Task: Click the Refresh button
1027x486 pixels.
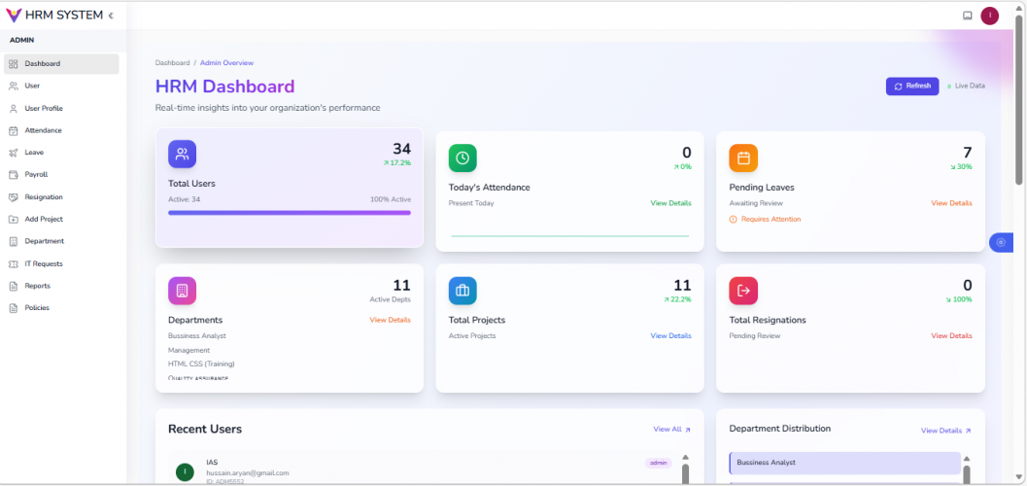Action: (x=912, y=86)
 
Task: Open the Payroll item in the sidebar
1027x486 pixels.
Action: (x=36, y=175)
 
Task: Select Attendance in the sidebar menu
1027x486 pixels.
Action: (x=43, y=130)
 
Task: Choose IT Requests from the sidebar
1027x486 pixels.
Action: (x=44, y=263)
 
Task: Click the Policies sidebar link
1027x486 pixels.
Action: (x=37, y=308)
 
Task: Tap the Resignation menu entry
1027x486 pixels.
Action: (x=44, y=197)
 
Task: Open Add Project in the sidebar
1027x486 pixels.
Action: (x=44, y=220)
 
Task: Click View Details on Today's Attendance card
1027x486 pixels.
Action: (x=670, y=203)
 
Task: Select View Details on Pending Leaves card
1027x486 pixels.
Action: (x=951, y=203)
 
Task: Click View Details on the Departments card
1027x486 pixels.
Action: (x=390, y=320)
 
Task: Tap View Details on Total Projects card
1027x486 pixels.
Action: (x=670, y=335)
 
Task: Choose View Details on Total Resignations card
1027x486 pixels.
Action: (x=951, y=335)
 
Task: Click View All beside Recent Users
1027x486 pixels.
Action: (x=671, y=429)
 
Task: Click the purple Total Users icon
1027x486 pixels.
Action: (x=182, y=155)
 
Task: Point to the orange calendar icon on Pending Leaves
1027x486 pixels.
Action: (x=743, y=157)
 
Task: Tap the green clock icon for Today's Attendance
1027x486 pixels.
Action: (x=462, y=157)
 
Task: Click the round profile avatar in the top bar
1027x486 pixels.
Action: (x=989, y=16)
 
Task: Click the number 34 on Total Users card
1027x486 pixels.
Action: (x=401, y=149)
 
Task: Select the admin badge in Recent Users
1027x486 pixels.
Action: (x=658, y=463)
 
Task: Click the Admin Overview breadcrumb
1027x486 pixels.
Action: (x=226, y=63)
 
